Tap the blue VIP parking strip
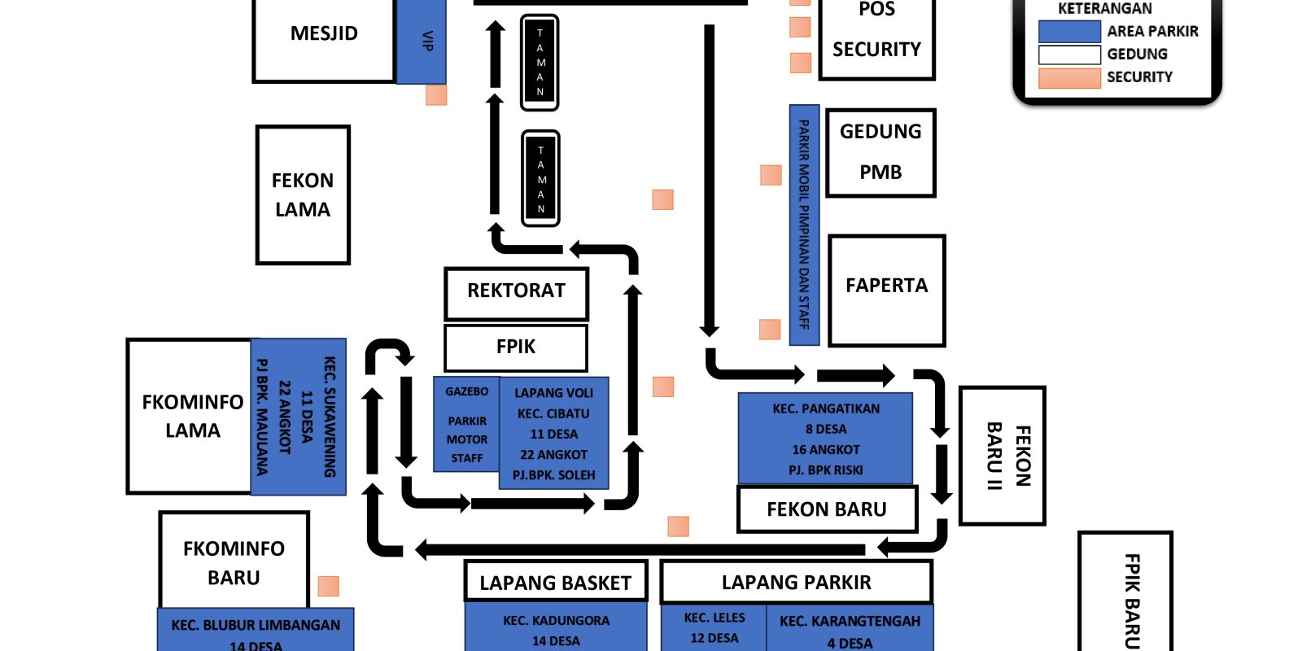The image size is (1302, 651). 421,41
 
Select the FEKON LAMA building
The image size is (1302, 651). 303,194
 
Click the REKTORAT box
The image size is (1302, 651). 516,292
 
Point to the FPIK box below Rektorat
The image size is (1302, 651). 516,347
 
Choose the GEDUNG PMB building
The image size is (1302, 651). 880,152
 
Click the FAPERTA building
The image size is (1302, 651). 886,290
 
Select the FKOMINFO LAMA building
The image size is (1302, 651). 190,416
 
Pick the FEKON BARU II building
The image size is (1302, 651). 1002,456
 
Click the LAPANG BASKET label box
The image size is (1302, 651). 556,582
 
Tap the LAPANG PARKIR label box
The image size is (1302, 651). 796,582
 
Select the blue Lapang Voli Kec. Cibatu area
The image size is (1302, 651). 553,433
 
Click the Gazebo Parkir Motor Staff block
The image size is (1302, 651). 466,424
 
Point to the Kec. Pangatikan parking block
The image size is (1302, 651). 825,439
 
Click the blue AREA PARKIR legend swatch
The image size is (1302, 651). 1069,32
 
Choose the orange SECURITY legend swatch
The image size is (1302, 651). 1069,78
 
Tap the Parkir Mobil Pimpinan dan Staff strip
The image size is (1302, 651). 804,225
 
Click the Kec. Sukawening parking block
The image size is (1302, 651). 299,416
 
